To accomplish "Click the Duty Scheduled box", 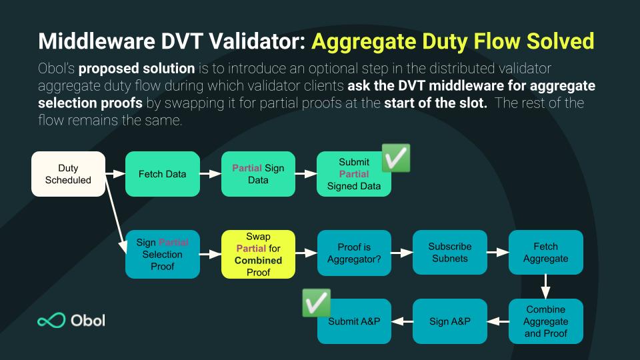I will tap(68, 174).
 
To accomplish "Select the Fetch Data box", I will tap(163, 174).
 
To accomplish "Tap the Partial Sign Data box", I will tap(258, 174).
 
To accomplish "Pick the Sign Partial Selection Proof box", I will tap(162, 254).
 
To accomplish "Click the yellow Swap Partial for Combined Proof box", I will tap(258, 254).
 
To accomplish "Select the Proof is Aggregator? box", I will tap(354, 254).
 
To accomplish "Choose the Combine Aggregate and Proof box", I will tap(545, 321).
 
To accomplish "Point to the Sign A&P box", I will tap(450, 321).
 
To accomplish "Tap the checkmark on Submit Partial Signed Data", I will tap(395, 159).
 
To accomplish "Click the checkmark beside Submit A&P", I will tap(317, 303).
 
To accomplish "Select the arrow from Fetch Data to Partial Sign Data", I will tap(210, 174).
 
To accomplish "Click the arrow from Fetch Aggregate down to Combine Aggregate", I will tap(545, 287).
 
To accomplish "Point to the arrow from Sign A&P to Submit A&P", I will tap(402, 321).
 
